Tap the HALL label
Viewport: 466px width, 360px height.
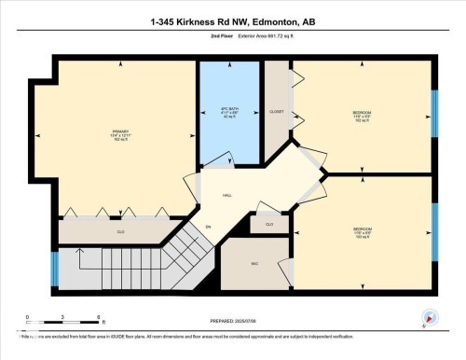tap(226, 196)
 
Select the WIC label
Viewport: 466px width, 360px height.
tap(254, 264)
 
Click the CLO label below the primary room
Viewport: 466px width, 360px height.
tap(121, 230)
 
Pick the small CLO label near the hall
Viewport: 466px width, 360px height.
tap(268, 224)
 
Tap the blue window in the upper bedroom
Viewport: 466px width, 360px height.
tap(433, 115)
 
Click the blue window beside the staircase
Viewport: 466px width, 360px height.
tap(53, 268)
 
